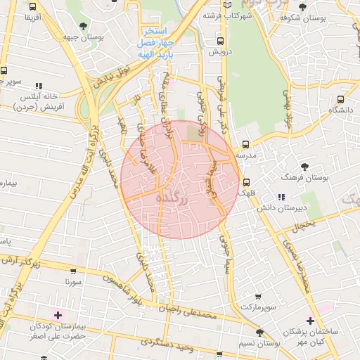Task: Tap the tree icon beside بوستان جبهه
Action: click(x=84, y=26)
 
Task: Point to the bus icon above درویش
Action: click(x=221, y=41)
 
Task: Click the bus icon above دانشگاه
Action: click(x=340, y=100)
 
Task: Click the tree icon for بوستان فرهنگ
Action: click(x=304, y=167)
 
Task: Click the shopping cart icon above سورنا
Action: click(x=73, y=270)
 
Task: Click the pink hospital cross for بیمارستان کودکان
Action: click(x=58, y=314)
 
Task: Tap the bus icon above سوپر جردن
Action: click(x=4, y=71)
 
